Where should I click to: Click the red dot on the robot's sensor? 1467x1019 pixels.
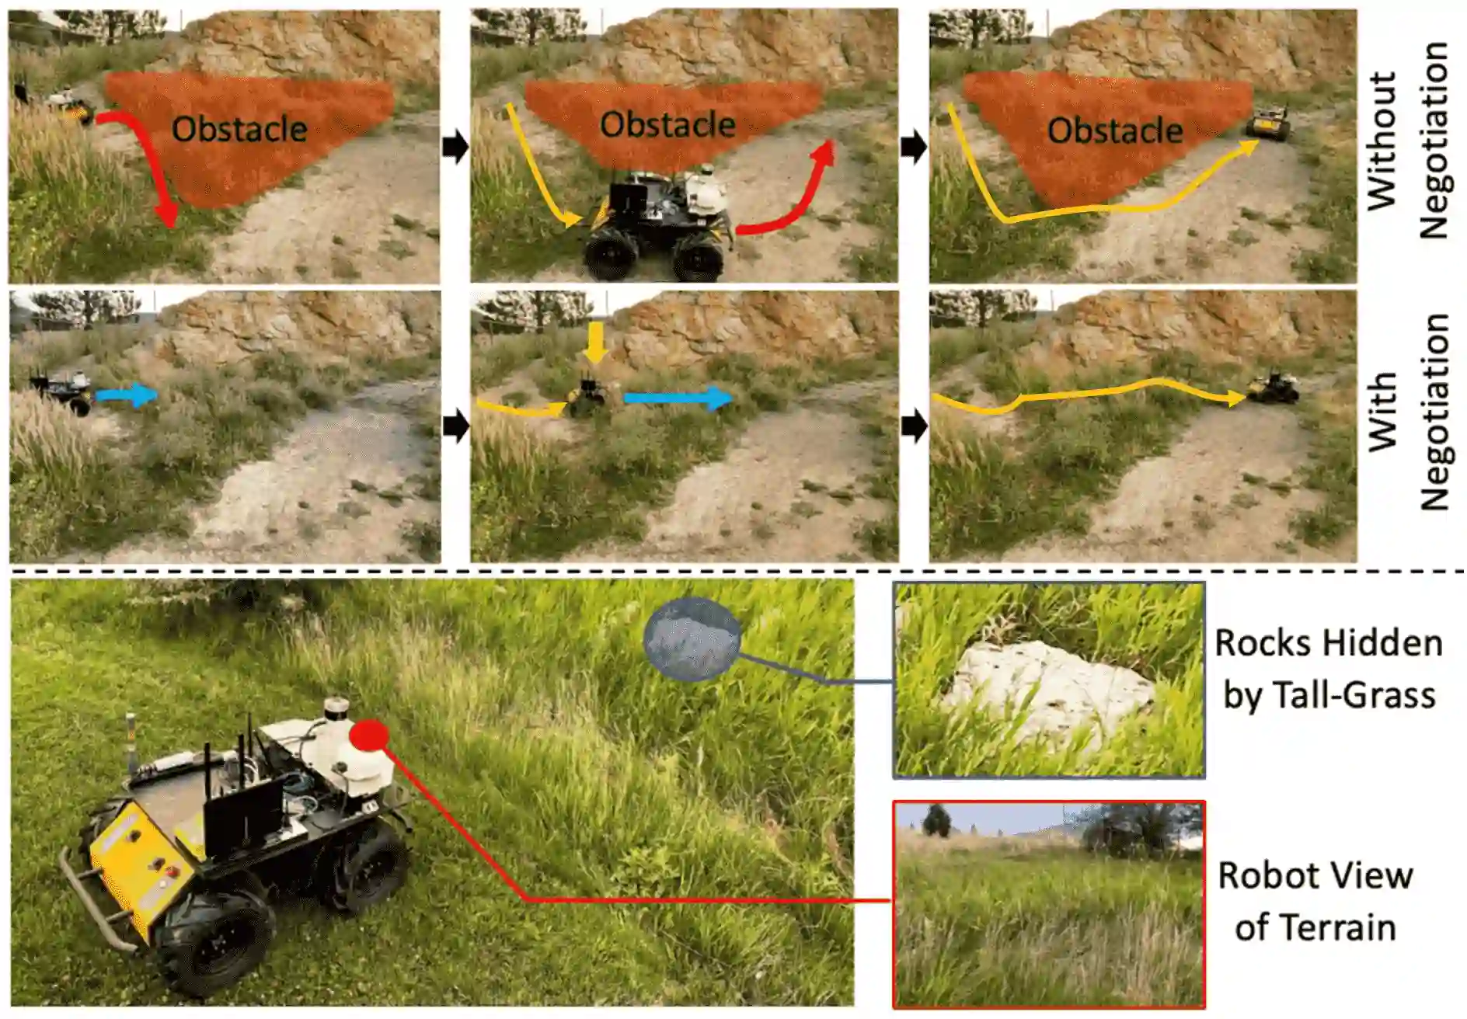[x=368, y=735]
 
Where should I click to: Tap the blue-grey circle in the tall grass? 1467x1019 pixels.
[x=692, y=639]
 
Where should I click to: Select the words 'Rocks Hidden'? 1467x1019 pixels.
[x=1328, y=643]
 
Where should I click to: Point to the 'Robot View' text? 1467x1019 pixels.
[x=1315, y=875]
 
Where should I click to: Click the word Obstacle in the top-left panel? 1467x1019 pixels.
[x=239, y=129]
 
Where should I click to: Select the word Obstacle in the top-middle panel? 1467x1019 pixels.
[x=667, y=124]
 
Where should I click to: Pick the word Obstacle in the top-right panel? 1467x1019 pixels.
[x=1115, y=130]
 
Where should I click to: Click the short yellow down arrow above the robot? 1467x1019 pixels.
[x=596, y=343]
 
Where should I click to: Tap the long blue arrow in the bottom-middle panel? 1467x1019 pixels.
[x=678, y=398]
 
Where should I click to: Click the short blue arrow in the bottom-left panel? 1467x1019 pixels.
[x=127, y=395]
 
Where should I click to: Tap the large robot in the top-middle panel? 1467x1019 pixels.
[x=657, y=221]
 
